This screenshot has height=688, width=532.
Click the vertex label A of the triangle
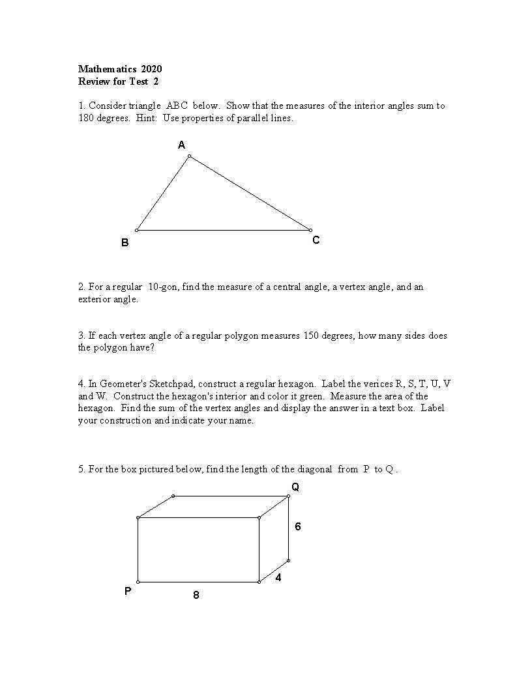click(182, 145)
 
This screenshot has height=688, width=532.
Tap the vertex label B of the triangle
click(125, 243)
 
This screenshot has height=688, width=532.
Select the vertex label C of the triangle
click(316, 240)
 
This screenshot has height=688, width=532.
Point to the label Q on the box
click(295, 487)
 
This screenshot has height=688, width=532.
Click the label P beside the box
click(128, 592)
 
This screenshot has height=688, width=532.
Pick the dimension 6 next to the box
click(298, 526)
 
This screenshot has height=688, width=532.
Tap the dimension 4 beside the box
click(278, 577)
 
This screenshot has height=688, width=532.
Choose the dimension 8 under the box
click(196, 595)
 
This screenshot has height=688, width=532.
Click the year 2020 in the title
click(151, 69)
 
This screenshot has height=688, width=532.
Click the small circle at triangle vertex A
click(189, 156)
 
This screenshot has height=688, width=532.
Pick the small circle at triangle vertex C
click(310, 230)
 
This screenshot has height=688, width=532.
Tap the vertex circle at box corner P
click(138, 582)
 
